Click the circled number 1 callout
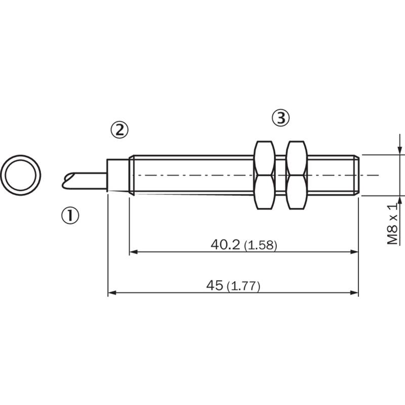[x=70, y=216]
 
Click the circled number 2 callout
[x=119, y=130]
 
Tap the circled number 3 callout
[x=281, y=118]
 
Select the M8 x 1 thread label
[x=392, y=224]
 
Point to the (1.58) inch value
[x=260, y=245]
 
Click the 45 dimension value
[x=214, y=286]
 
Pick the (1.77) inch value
[x=244, y=286]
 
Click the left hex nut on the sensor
[x=264, y=175]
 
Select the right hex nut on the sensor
[x=297, y=175]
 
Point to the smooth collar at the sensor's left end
[x=118, y=175]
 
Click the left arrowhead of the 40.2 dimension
[x=133, y=252]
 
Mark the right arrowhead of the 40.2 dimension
[x=355, y=252]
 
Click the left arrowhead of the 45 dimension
[x=111, y=293]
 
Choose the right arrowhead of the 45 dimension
[x=355, y=293]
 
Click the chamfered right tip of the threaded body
[x=356, y=175]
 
